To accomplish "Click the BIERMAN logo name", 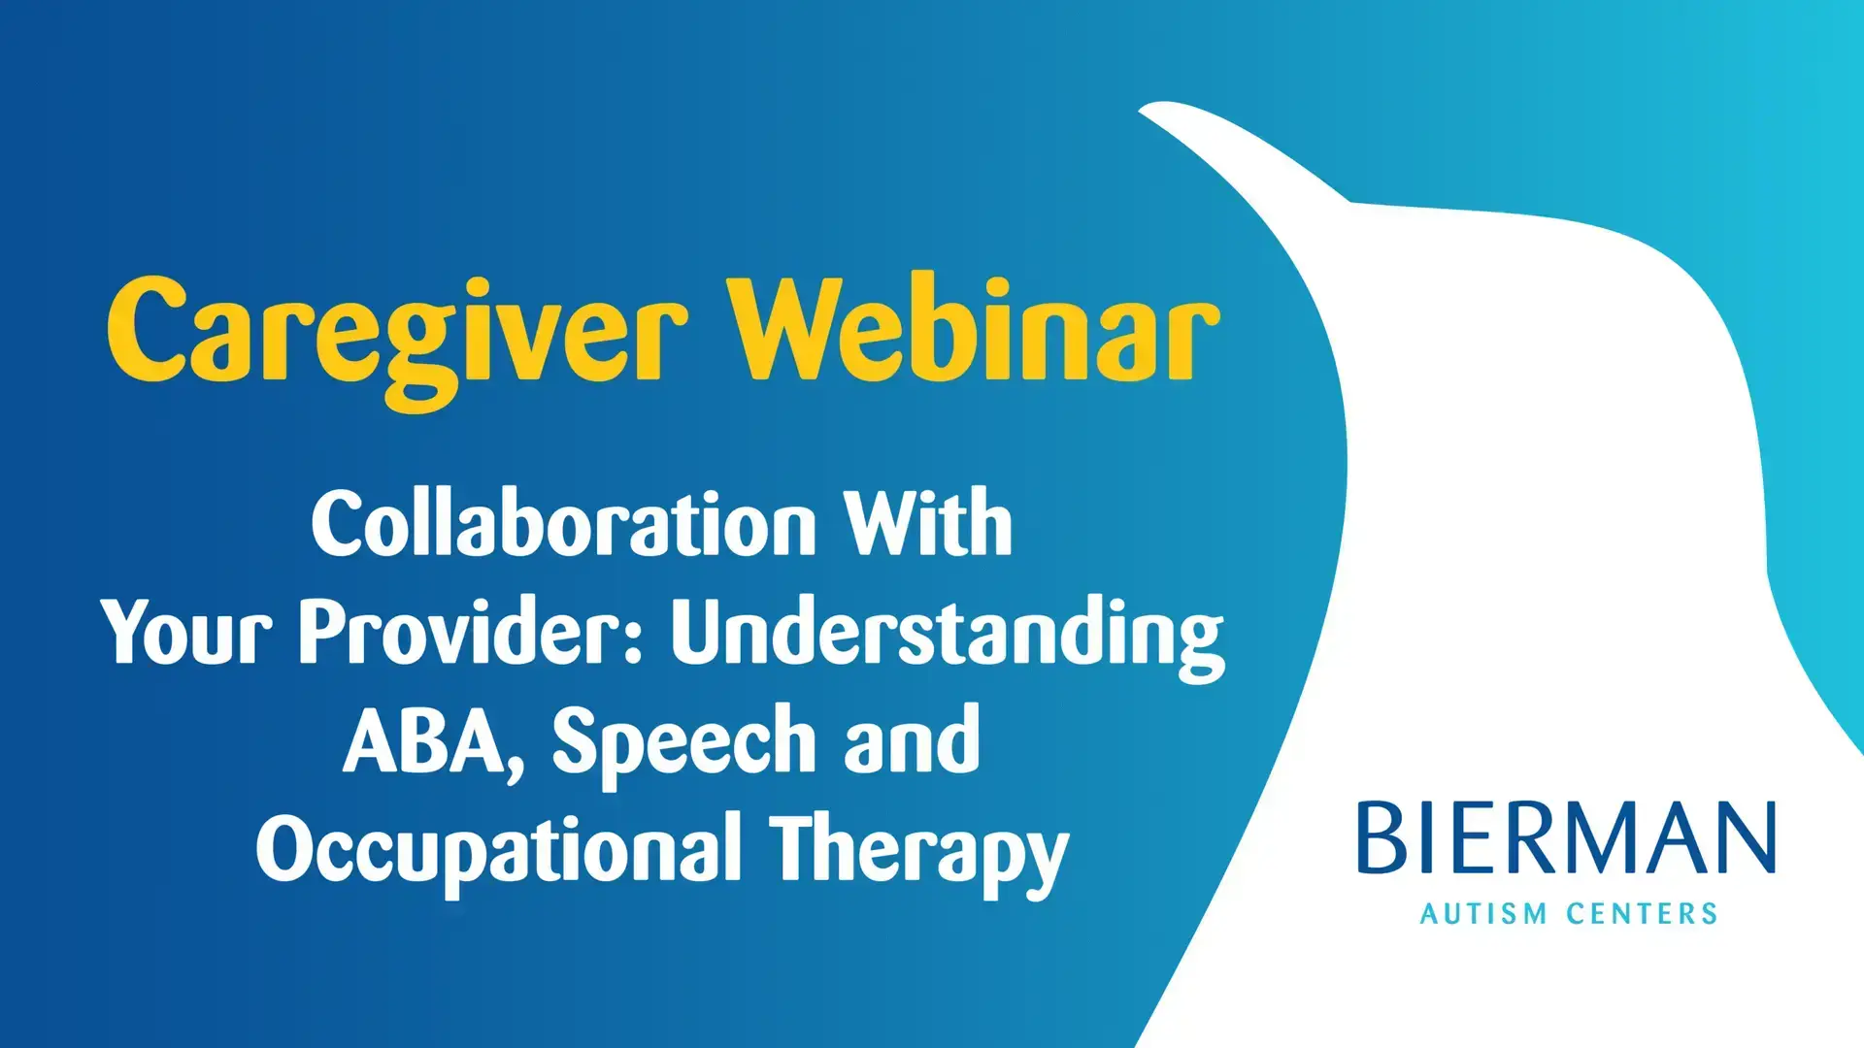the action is pyautogui.click(x=1566, y=837).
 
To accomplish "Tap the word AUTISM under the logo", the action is pyautogui.click(x=1483, y=914).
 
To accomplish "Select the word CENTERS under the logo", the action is pyautogui.click(x=1642, y=914).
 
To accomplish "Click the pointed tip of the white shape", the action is pyautogui.click(x=1142, y=110).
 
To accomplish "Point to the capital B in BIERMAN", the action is pyautogui.click(x=1381, y=837).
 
